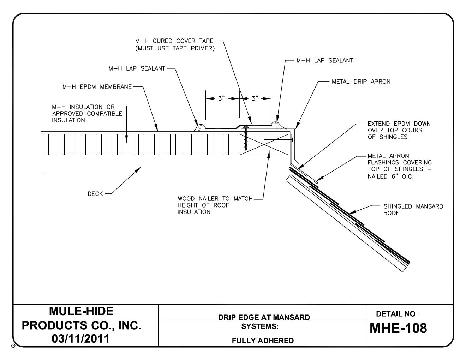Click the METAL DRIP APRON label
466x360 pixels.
point(361,82)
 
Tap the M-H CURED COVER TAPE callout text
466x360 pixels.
point(175,45)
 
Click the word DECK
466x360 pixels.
point(95,194)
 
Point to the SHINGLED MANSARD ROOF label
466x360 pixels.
point(413,210)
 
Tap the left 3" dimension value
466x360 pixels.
point(221,99)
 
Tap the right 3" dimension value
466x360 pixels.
point(255,99)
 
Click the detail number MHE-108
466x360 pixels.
point(398,328)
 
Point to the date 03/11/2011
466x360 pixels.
point(81,339)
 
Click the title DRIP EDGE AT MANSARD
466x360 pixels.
point(264,317)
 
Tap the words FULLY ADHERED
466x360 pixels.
point(263,341)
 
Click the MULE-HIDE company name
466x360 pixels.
point(81,311)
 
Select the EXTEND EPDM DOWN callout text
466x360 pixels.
point(399,130)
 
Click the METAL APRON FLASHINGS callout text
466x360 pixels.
point(399,166)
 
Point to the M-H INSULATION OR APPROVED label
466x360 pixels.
point(87,113)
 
